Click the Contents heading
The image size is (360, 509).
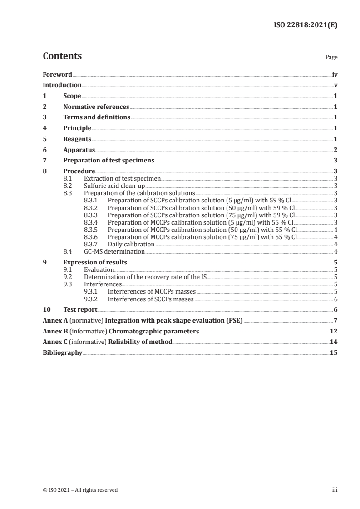coord(62,56)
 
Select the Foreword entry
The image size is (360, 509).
coord(57,74)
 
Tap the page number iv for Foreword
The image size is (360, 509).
coord(335,74)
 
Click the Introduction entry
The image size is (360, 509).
coord(62,85)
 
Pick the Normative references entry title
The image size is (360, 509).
coord(96,107)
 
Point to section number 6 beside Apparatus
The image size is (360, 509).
coord(44,149)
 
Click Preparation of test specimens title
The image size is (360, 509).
coord(109,160)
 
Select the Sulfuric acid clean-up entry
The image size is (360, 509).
coord(114,186)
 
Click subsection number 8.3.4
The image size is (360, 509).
coord(93,222)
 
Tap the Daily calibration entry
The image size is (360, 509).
coord(131,244)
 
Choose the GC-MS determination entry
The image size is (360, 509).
coord(114,251)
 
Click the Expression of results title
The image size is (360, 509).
coord(95,262)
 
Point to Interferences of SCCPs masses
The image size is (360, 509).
coord(151,299)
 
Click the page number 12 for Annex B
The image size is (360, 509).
coord(334,331)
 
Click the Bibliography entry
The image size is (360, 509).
coord(62,352)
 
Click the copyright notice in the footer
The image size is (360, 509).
coord(80,489)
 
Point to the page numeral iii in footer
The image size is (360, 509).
coord(335,489)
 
